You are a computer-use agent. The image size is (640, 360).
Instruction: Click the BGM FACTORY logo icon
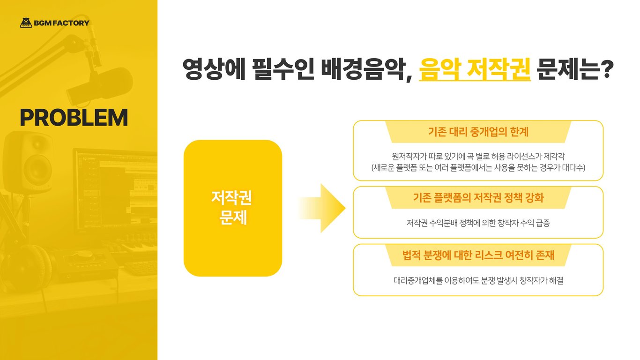pyautogui.click(x=26, y=22)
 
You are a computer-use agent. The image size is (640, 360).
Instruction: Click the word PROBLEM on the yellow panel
pyautogui.click(x=74, y=118)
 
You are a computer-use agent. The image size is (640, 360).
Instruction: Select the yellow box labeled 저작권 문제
pyautogui.click(x=232, y=208)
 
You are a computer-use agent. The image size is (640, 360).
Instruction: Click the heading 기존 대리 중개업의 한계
pyautogui.click(x=478, y=132)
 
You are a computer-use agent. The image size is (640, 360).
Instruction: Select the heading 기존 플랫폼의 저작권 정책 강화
pyautogui.click(x=478, y=198)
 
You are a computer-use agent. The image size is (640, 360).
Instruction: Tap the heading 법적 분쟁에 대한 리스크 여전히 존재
pyautogui.click(x=478, y=255)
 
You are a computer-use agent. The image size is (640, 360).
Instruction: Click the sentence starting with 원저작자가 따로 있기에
pyautogui.click(x=478, y=156)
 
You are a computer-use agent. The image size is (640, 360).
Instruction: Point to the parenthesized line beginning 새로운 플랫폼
pyautogui.click(x=478, y=167)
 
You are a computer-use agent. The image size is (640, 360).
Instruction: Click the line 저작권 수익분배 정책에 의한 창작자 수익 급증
pyautogui.click(x=478, y=223)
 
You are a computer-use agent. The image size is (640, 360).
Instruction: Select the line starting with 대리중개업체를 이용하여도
pyautogui.click(x=478, y=281)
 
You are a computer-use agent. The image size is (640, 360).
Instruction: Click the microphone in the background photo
pyautogui.click(x=101, y=84)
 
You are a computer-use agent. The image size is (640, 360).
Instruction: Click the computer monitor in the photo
pyautogui.click(x=115, y=187)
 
